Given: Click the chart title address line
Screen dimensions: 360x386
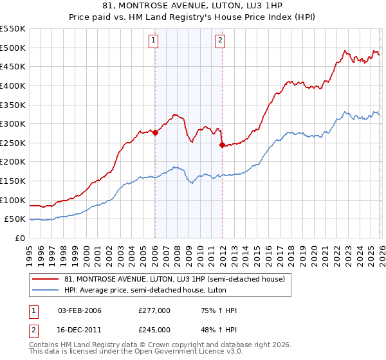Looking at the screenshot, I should tap(193, 6).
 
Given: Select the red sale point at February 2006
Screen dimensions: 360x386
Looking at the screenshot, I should tap(155, 133).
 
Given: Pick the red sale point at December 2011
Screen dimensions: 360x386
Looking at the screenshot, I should tap(222, 145).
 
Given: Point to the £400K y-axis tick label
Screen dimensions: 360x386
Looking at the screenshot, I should tap(13, 85).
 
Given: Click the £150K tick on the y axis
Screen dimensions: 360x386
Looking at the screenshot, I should tap(13, 181).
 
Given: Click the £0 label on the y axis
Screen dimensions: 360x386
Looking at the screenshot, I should tap(21, 239).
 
